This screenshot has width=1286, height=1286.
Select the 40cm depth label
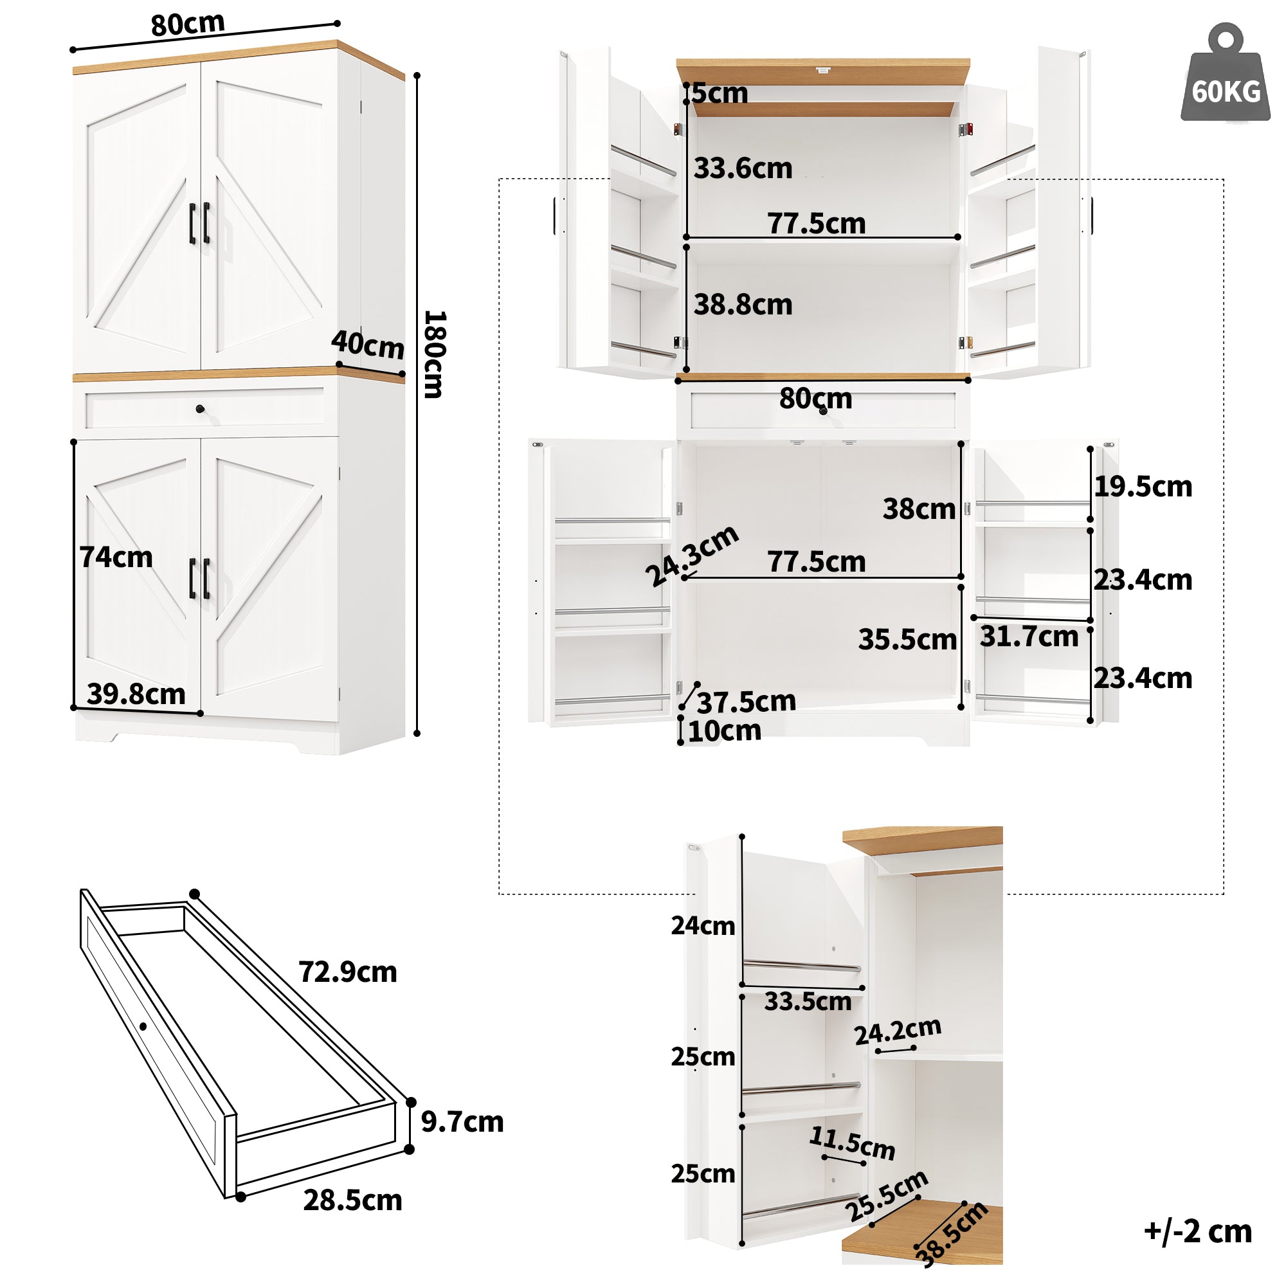tap(367, 344)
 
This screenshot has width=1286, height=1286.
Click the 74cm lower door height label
tap(116, 557)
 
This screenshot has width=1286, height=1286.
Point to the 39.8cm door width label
tap(136, 694)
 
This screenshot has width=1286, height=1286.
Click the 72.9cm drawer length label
tap(347, 972)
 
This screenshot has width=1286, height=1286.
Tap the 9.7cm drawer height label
tap(462, 1122)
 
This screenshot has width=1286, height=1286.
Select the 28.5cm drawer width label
tap(353, 1200)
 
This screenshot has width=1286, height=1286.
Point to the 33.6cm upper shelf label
tap(743, 168)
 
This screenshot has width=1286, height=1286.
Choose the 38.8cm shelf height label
tap(743, 305)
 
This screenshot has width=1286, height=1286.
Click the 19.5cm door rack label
tap(1143, 487)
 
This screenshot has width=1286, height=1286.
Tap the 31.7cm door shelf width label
tap(1029, 637)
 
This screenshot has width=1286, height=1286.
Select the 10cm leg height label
tap(724, 732)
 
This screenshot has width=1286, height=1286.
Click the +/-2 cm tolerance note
tap(1197, 1231)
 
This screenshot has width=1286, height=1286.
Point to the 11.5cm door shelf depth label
tap(852, 1143)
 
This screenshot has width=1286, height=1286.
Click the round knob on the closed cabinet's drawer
tap(201, 409)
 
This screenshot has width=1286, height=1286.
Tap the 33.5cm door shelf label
tap(808, 1002)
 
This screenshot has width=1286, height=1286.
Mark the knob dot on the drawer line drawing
tap(143, 1026)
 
